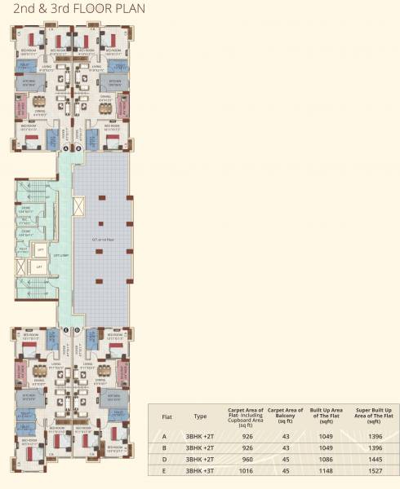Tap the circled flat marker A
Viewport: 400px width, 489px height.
pos(66,149)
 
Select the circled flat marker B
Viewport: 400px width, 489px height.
pos(78,149)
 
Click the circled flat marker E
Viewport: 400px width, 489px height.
pos(66,329)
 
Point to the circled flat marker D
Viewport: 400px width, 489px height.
pos(78,329)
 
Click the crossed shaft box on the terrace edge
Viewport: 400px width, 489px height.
pos(78,205)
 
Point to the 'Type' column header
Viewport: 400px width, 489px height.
pos(200,415)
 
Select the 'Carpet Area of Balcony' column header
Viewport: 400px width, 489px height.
pos(286,414)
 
